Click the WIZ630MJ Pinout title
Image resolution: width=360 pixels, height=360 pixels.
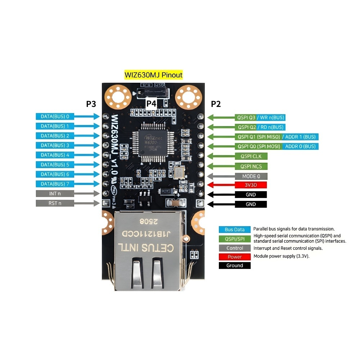pyautogui.click(x=153, y=75)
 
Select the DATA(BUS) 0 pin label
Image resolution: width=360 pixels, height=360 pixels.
pyautogui.click(x=55, y=116)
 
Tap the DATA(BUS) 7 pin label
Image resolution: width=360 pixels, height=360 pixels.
pyautogui.click(x=55, y=184)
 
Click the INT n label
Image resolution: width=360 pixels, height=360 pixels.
pyautogui.click(x=55, y=194)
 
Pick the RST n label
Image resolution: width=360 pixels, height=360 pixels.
pyautogui.click(x=55, y=203)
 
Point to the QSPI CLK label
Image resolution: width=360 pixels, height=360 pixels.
pyautogui.click(x=251, y=156)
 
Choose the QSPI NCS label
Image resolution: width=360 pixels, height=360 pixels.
pyautogui.click(x=251, y=166)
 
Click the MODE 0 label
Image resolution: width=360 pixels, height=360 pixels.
pyautogui.click(x=251, y=176)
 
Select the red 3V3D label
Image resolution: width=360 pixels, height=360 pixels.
pyautogui.click(x=251, y=185)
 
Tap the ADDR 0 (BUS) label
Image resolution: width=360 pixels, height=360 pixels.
pyautogui.click(x=300, y=147)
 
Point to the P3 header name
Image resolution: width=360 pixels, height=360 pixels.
pyautogui.click(x=91, y=104)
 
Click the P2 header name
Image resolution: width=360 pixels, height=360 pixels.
pyautogui.click(x=216, y=104)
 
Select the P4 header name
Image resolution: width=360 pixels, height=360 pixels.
pyautogui.click(x=151, y=104)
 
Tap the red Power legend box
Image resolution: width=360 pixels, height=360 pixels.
pyautogui.click(x=234, y=257)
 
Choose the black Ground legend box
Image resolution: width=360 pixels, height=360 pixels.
pyautogui.click(x=234, y=266)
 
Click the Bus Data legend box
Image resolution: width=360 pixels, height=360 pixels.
pyautogui.click(x=234, y=230)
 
